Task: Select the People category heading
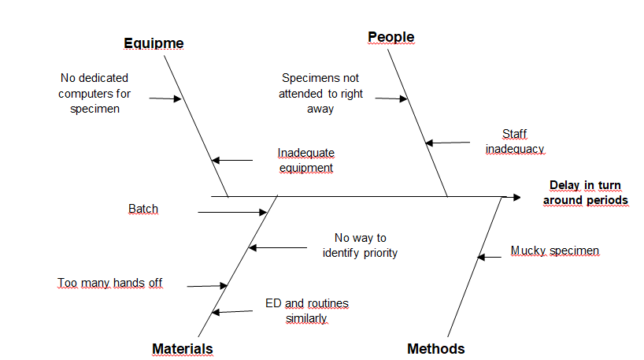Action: click(x=390, y=37)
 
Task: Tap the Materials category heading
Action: click(x=182, y=348)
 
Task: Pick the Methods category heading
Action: click(x=435, y=348)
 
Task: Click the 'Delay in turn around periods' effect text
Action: click(x=585, y=193)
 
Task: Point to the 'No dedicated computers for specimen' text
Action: click(x=94, y=93)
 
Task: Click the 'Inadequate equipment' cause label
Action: click(x=305, y=160)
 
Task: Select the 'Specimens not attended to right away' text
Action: click(x=320, y=93)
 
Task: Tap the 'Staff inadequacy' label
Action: click(x=515, y=141)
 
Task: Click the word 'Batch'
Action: click(x=142, y=209)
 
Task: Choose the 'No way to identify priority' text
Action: click(x=360, y=245)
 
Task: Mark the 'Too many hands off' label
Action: click(x=109, y=283)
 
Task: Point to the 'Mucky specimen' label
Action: click(x=554, y=251)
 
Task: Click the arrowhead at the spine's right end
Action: click(x=516, y=196)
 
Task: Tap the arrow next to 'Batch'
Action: click(x=233, y=212)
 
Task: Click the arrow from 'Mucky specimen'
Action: click(x=489, y=257)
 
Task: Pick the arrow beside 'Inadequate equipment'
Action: click(x=232, y=161)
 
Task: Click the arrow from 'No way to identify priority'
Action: click(x=277, y=247)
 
